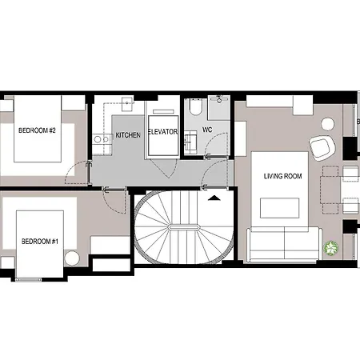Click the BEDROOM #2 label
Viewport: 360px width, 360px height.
click(x=37, y=130)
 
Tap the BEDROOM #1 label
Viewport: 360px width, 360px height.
click(x=40, y=242)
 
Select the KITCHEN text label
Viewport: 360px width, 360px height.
click(x=128, y=135)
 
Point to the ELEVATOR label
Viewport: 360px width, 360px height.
click(x=162, y=132)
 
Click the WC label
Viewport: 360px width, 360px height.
click(x=207, y=130)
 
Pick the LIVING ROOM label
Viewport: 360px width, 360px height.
click(x=282, y=176)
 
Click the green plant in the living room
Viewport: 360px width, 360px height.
click(x=331, y=248)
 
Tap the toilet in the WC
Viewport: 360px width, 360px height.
click(x=195, y=107)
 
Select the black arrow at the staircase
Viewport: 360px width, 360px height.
click(x=214, y=198)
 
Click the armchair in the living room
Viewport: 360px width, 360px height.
click(x=322, y=147)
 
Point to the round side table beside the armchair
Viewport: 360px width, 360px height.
click(x=327, y=125)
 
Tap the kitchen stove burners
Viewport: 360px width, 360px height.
click(x=102, y=139)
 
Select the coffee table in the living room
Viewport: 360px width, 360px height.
click(x=279, y=208)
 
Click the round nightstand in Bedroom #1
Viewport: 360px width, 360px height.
click(x=72, y=258)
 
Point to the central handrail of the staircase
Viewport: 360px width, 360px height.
click(x=184, y=227)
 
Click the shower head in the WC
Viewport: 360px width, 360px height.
click(x=219, y=99)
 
